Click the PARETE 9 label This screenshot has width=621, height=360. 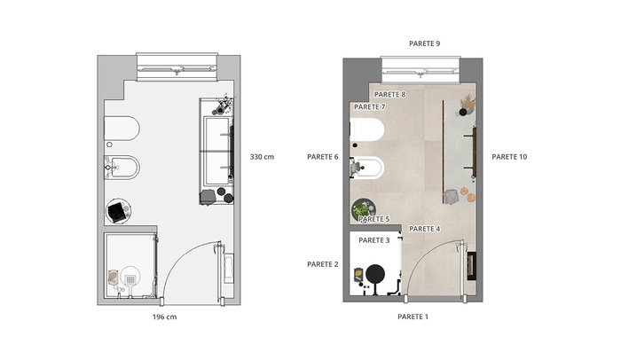[x=424, y=43]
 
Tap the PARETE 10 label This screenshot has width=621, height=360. [x=509, y=157]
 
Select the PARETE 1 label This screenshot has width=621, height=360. [x=413, y=317]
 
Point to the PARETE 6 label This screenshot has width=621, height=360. [x=323, y=157]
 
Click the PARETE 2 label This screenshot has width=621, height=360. [x=323, y=264]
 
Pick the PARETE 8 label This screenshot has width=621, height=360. [x=390, y=95]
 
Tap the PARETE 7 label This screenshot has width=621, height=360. [x=370, y=107]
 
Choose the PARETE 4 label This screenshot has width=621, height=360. [x=425, y=229]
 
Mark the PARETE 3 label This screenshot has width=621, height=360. [x=373, y=240]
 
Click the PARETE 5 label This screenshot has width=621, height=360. [x=373, y=219]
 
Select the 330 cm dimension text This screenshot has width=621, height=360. [x=262, y=157]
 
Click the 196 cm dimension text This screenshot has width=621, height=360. [x=164, y=317]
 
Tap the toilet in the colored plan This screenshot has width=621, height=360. [x=367, y=129]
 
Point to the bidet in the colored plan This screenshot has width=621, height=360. [x=368, y=168]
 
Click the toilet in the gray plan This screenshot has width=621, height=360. [x=122, y=129]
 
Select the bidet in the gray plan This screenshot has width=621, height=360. [x=122, y=168]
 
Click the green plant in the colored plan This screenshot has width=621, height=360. [x=361, y=208]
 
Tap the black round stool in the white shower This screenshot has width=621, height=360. [x=375, y=274]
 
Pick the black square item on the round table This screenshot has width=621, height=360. [x=116, y=212]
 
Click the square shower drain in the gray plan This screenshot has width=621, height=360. [x=130, y=280]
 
